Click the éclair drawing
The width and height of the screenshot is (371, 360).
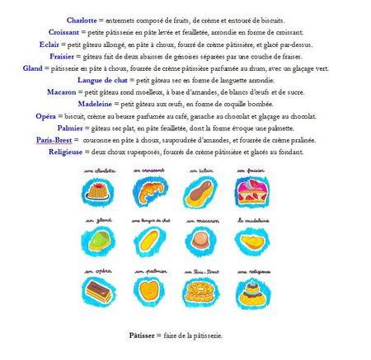200,194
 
